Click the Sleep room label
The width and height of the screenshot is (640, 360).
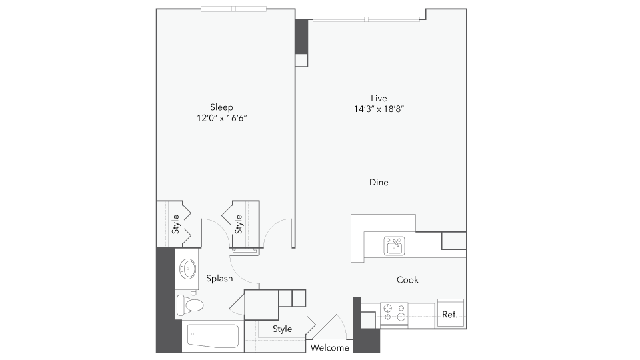coord(222,107)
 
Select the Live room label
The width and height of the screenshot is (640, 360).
coord(379,98)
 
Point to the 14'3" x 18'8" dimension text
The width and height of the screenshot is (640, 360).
coord(379,109)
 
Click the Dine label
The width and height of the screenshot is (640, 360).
coord(379,182)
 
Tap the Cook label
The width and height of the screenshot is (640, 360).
coord(407,280)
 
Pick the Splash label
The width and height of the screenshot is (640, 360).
coord(219,279)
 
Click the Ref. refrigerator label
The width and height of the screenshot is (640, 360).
coord(450,315)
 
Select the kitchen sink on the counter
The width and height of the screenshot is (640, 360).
coord(395,245)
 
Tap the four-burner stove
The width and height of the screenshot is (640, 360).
coord(394,315)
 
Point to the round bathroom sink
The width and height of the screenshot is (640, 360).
coord(187,269)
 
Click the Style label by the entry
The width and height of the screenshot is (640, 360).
coord(283,329)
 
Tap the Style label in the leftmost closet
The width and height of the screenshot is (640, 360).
coord(175,223)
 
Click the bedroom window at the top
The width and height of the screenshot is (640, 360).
coord(227,9)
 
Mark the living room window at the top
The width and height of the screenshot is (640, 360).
coord(367,19)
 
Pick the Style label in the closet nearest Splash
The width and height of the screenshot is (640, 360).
coord(239,224)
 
